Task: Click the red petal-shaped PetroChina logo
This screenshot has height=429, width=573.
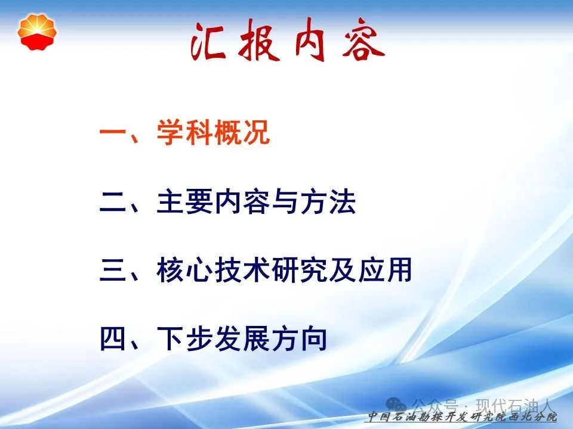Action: coord(37,32)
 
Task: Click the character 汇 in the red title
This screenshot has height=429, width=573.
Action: coord(208,42)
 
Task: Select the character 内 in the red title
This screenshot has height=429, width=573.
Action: coord(310,39)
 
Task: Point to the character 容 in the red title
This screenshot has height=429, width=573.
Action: coord(363,41)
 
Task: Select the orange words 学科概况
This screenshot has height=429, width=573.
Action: coord(214,132)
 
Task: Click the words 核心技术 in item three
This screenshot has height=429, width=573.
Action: coord(214,270)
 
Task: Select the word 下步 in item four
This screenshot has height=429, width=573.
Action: coord(185,339)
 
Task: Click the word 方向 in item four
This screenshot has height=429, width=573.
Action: coord(299,339)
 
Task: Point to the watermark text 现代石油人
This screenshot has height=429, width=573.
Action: coord(515,406)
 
